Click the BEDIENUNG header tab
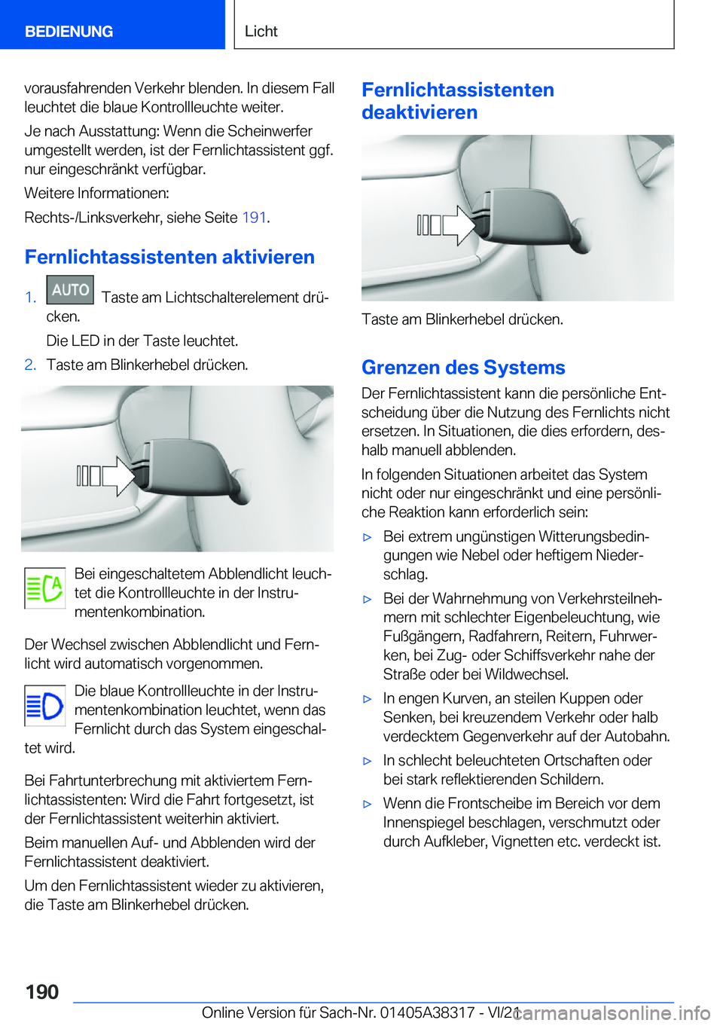click(69, 32)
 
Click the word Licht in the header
click(261, 32)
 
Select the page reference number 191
click(254, 218)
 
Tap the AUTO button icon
click(70, 290)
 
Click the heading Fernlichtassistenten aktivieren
click(169, 257)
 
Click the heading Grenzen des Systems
click(463, 368)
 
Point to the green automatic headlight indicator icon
click(44, 588)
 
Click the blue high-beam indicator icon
click(44, 706)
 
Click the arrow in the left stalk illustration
click(118, 475)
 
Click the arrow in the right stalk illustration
click(459, 224)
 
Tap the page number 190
click(42, 991)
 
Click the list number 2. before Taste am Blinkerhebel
click(30, 365)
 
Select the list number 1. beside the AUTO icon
click(30, 298)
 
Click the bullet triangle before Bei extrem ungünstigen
click(368, 538)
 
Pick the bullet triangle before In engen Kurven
click(368, 699)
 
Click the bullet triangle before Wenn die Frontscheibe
click(368, 805)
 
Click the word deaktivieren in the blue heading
click(419, 112)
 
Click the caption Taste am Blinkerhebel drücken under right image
click(462, 319)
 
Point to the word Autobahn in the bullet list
click(638, 736)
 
